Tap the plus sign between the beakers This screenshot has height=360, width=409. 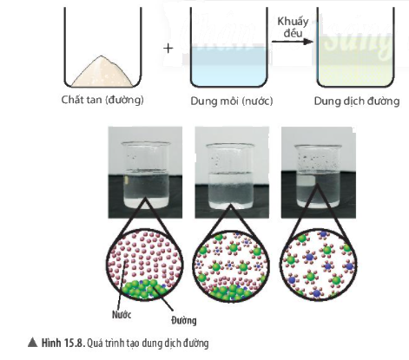(x=168, y=49)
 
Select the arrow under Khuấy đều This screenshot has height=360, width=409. (x=293, y=42)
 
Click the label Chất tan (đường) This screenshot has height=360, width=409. (x=102, y=100)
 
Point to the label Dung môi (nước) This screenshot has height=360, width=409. (x=232, y=101)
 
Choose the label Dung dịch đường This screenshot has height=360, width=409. (x=357, y=101)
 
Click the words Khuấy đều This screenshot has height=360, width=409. (x=293, y=27)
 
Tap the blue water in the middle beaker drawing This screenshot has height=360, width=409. (x=228, y=66)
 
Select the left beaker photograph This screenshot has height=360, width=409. (x=145, y=173)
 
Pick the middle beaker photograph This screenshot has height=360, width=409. (x=232, y=173)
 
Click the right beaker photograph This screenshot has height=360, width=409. (x=319, y=173)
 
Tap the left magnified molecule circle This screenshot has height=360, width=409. (x=146, y=265)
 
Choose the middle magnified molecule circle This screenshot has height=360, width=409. (x=231, y=265)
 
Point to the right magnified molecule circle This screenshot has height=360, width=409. (x=319, y=265)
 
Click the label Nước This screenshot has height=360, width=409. (x=122, y=315)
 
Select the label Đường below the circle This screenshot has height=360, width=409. (x=183, y=320)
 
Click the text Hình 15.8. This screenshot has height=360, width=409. (x=63, y=344)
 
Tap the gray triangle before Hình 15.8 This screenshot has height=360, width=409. (x=33, y=343)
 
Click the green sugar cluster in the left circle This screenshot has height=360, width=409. (x=143, y=289)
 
